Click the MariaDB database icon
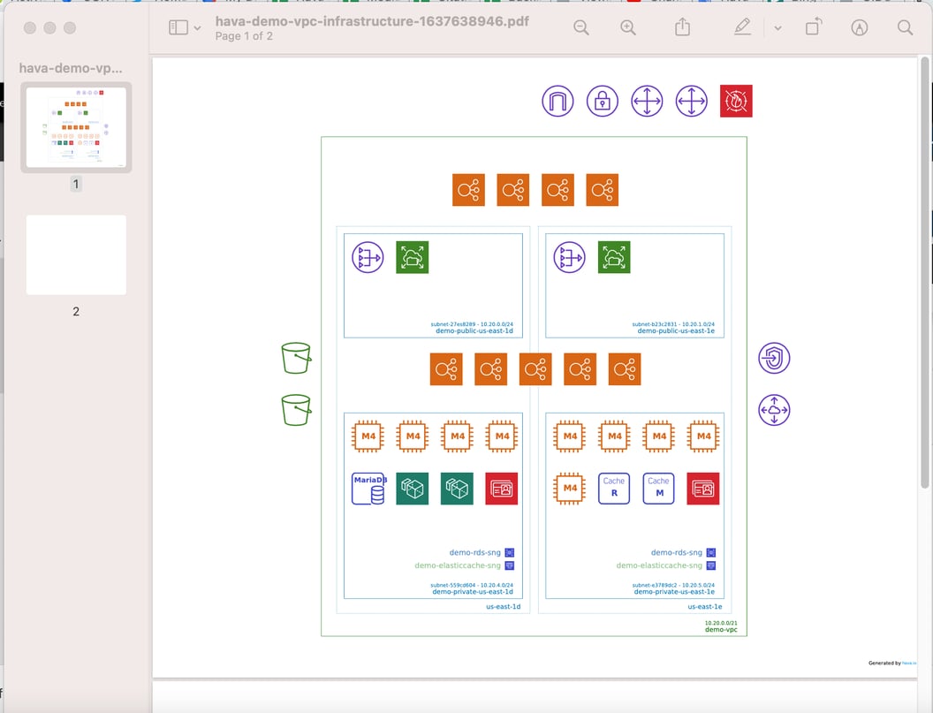click(x=368, y=489)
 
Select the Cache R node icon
click(x=614, y=489)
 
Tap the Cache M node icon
click(x=658, y=489)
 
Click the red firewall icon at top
click(x=736, y=102)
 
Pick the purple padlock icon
click(x=603, y=102)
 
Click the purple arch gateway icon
click(x=558, y=102)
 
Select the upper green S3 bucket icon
click(x=296, y=359)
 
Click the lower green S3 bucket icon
click(x=296, y=410)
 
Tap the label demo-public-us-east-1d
click(x=474, y=331)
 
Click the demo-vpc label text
click(x=721, y=629)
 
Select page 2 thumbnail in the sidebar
click(x=76, y=255)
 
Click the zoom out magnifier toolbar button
click(x=581, y=28)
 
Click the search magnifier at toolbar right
click(x=905, y=28)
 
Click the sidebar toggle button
click(x=178, y=28)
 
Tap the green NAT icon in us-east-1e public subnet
click(x=614, y=257)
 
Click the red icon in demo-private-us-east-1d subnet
click(x=501, y=489)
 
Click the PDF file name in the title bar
click(x=372, y=21)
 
